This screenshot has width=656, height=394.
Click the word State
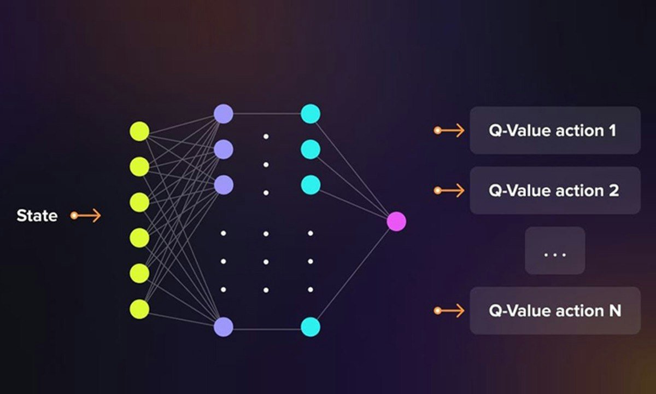tap(37, 216)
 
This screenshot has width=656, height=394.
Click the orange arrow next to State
tap(86, 216)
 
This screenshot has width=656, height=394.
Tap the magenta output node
tap(396, 221)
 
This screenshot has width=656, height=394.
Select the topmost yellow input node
tap(139, 131)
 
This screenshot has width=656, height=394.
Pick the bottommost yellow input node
tap(139, 309)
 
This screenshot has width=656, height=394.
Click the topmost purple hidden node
tap(224, 114)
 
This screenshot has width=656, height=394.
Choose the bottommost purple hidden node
tap(224, 327)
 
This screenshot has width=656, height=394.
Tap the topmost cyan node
tap(311, 114)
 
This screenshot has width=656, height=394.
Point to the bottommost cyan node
tap(311, 327)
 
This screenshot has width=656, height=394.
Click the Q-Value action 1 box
tap(555, 130)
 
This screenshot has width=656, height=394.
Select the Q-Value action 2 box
tap(555, 190)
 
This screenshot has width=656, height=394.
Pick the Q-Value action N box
tap(555, 311)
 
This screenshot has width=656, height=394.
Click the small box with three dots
tap(555, 251)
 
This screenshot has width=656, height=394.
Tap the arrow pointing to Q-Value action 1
tap(449, 130)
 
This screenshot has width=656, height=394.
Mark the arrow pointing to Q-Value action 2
tap(449, 190)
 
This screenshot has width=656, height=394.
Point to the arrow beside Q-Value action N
tap(449, 311)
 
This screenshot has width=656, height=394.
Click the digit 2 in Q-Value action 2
tap(614, 191)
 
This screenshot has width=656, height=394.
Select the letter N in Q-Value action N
tap(615, 311)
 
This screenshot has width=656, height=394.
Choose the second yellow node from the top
tap(139, 167)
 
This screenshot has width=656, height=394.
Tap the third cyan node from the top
tap(311, 185)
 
